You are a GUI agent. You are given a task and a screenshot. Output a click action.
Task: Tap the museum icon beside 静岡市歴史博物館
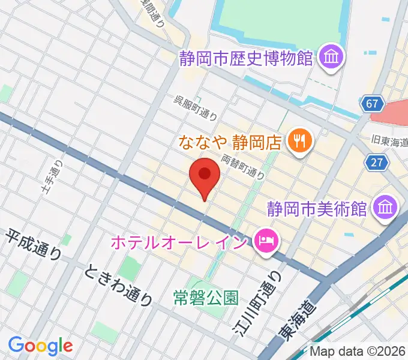330,58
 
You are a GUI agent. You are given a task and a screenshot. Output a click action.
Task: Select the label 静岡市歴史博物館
247,58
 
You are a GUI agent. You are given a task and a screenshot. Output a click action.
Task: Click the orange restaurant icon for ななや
298,142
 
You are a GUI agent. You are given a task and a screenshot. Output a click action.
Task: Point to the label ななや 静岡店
230,142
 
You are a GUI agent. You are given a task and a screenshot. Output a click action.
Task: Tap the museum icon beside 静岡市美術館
383,209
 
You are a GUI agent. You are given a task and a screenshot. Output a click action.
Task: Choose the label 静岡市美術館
317,209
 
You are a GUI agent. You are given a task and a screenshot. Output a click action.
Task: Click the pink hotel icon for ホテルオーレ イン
264,242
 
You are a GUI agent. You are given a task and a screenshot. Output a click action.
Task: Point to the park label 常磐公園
206,296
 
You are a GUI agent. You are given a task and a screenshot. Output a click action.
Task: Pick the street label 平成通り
35,245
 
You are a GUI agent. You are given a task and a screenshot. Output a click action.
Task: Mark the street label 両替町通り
243,166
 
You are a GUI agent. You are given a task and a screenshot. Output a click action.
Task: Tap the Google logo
40,346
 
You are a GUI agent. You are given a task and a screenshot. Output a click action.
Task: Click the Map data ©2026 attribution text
357,351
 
